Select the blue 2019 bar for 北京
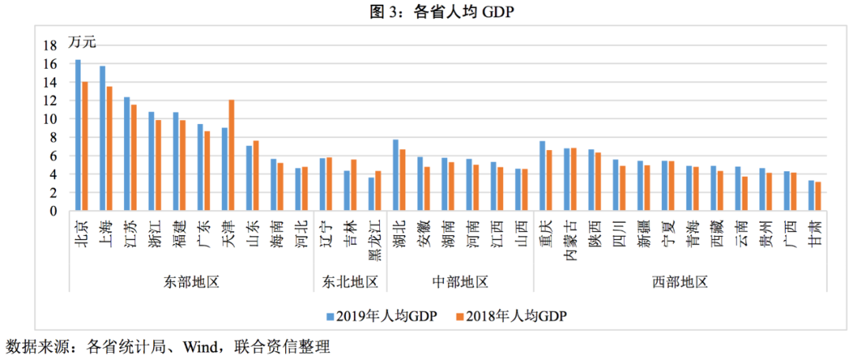point(78,135)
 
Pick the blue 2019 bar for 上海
point(103,138)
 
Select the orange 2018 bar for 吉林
point(353,186)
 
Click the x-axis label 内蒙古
point(569,235)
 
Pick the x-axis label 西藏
point(716,231)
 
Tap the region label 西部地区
point(679,281)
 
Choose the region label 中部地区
point(460,281)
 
